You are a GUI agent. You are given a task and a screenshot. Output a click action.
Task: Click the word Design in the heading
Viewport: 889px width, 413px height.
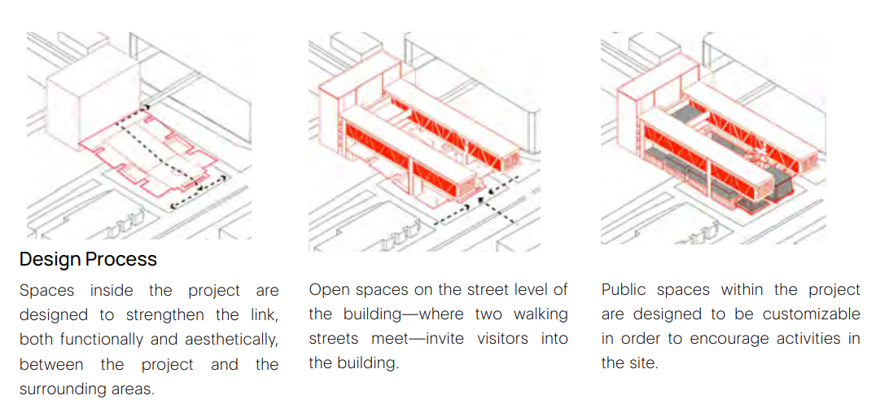tap(46, 260)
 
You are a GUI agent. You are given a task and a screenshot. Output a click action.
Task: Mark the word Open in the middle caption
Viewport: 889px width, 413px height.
tap(327, 290)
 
